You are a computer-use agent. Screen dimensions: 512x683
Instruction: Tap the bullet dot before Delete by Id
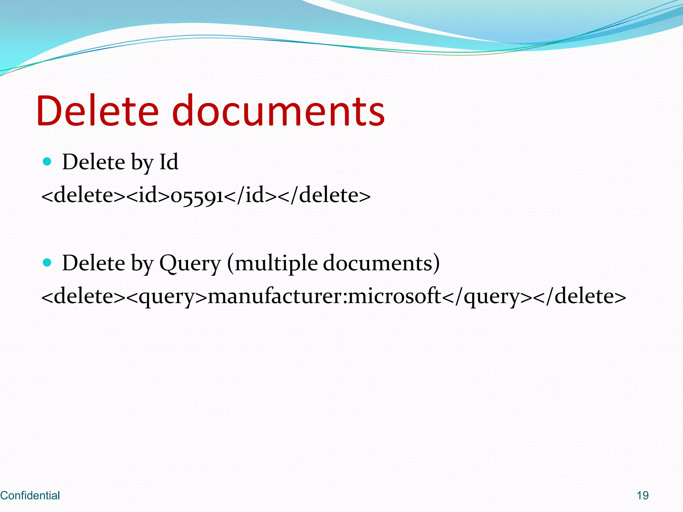47,162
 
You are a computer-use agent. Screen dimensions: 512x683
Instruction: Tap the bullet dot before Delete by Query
47,263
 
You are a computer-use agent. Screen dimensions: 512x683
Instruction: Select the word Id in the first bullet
169,162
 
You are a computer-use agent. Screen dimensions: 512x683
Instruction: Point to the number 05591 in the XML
197,196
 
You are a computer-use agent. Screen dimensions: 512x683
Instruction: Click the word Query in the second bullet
190,263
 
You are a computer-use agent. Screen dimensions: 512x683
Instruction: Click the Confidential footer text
30,496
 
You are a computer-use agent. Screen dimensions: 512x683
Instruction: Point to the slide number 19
643,496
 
